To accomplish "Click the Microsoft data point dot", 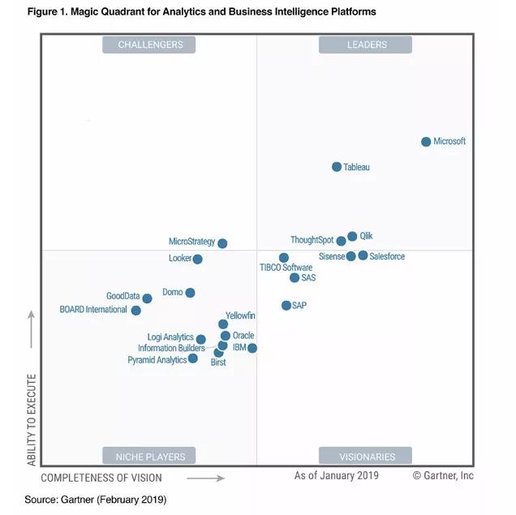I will click(426, 142).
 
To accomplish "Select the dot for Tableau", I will click(337, 167).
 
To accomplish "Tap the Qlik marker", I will click(352, 237).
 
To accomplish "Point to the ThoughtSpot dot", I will click(341, 241).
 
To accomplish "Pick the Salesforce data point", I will click(363, 255).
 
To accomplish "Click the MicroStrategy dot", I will click(222, 243).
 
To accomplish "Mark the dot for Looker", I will click(197, 260).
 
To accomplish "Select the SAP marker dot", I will click(286, 306).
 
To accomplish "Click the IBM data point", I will click(252, 348).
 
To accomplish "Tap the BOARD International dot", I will click(136, 311).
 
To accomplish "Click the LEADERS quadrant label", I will click(366, 45).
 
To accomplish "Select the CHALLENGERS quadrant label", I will click(150, 45).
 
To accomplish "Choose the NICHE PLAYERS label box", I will click(150, 456).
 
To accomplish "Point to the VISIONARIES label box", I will click(366, 456).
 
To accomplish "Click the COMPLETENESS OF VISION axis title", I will click(101, 478).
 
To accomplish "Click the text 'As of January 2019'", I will click(336, 475).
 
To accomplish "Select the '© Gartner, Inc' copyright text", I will click(443, 475).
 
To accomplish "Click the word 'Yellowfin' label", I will click(240, 315).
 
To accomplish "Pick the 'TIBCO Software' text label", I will click(286, 268).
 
